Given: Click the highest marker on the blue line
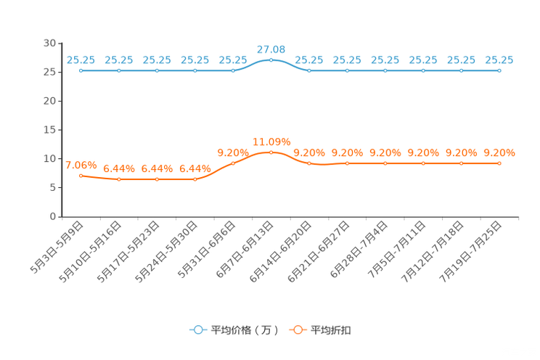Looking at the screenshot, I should coord(271,60).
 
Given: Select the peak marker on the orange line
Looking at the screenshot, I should coord(271,152).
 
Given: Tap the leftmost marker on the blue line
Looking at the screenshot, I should coord(81,70).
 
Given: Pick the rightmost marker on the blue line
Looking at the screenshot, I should coord(499,70).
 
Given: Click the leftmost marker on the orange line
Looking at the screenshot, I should coord(81,175).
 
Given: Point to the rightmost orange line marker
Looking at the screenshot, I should coord(499,163).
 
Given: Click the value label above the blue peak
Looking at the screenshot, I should coord(271,49).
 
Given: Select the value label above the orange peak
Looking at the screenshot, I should coord(271,141).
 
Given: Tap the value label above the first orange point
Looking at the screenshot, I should coord(81,164).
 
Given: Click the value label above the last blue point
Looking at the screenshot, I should coord(499,60).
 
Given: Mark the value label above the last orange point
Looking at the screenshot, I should coord(499,152).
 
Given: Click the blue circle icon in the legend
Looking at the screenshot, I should coord(197,330).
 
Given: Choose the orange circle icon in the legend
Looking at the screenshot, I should coord(298,330).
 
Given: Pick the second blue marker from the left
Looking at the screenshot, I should coord(119,70).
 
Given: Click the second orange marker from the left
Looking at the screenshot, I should coord(119,179).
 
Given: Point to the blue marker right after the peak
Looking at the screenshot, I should coord(309,70).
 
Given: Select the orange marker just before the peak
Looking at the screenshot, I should coord(233,163).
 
